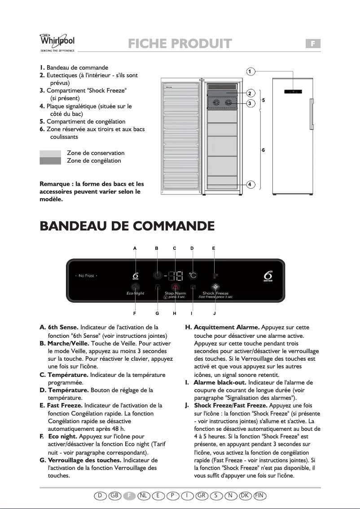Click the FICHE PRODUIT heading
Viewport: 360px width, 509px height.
[180, 44]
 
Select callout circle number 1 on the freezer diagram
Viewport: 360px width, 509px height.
[251, 71]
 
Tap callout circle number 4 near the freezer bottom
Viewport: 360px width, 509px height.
[251, 184]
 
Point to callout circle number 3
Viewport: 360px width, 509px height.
[251, 103]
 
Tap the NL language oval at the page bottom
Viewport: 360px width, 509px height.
[144, 495]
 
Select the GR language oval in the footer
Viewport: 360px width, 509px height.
[202, 495]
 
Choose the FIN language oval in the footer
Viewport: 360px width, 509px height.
[259, 495]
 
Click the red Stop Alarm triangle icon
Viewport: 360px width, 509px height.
[175, 288]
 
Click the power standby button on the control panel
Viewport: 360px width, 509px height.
[157, 275]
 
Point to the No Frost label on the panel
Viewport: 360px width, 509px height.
[86, 275]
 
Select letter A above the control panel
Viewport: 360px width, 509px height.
[135, 248]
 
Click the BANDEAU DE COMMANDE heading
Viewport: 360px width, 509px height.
[127, 226]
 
